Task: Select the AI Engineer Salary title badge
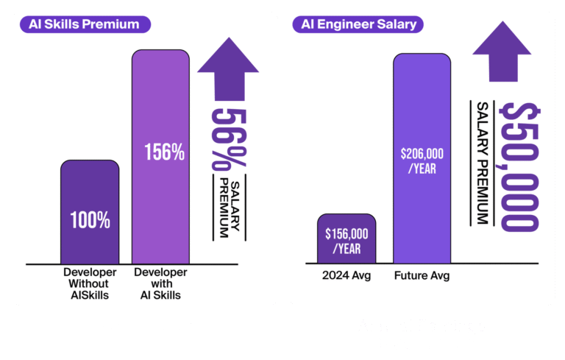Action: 359,24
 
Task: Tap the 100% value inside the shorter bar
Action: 90,219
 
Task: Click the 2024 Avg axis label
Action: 347,276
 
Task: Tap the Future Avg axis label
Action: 422,276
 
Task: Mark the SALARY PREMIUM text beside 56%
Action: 229,208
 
